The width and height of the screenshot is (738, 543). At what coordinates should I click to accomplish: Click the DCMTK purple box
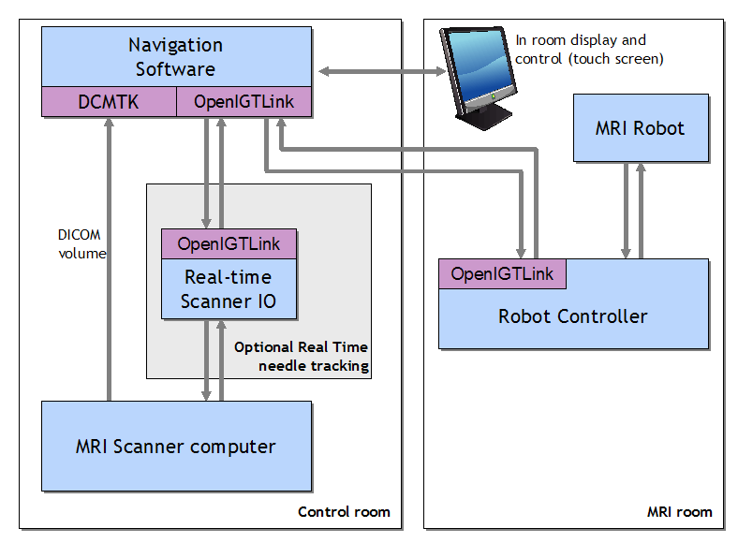click(x=109, y=102)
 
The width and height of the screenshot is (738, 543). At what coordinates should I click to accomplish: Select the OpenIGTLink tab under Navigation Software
click(x=244, y=102)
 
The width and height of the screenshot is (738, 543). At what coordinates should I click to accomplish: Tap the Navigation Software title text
click(x=175, y=57)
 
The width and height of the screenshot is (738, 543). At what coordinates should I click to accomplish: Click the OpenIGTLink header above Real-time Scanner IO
click(x=229, y=243)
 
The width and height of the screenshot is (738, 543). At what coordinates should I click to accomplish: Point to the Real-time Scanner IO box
click(x=229, y=288)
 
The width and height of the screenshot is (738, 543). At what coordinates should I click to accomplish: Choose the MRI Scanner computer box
click(x=176, y=447)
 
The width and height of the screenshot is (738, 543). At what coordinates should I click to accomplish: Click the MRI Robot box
click(x=640, y=128)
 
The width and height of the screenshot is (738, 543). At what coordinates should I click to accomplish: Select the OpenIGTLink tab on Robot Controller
click(x=502, y=273)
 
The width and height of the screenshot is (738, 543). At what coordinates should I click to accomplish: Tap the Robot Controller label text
click(x=572, y=316)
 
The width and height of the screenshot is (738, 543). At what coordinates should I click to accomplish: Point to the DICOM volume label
click(x=81, y=244)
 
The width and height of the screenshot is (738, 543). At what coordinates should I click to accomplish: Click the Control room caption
click(x=344, y=512)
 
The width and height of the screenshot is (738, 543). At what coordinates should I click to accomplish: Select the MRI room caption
click(x=679, y=512)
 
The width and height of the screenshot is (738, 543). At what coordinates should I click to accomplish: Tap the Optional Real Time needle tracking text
click(x=301, y=356)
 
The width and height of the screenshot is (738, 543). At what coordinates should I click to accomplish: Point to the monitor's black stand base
click(x=485, y=115)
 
